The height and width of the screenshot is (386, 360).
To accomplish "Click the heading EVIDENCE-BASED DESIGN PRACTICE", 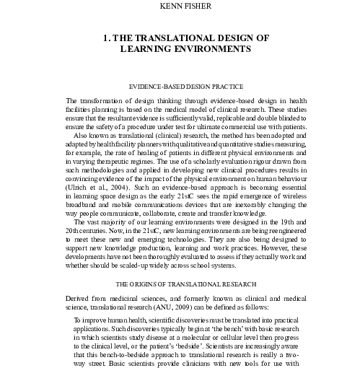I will [x=180, y=85].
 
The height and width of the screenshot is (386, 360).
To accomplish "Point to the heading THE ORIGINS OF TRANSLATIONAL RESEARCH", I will [x=180, y=273].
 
